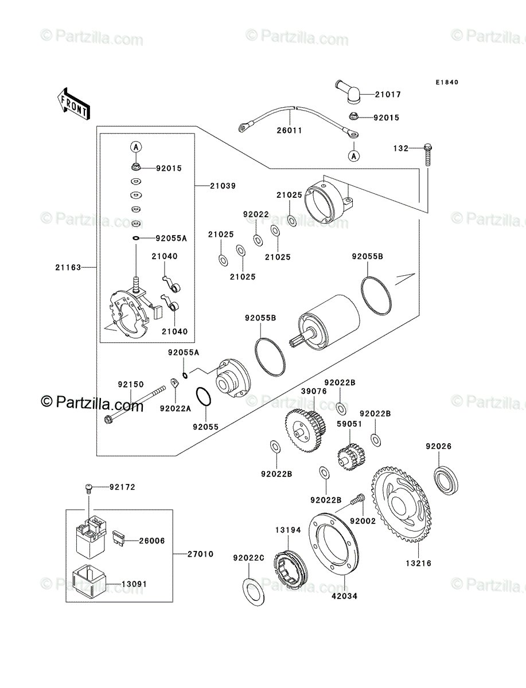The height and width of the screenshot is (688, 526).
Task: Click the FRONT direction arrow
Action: [x=73, y=104]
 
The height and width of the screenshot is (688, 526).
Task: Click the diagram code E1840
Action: [x=447, y=83]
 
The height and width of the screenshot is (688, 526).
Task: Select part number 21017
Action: [x=388, y=95]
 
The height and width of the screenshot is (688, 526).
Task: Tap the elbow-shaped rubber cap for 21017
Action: [x=349, y=91]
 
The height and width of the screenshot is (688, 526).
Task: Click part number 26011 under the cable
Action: [x=289, y=130]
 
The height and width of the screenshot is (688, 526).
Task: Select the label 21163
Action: [x=68, y=267]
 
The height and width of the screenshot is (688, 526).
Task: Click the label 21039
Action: [x=223, y=186]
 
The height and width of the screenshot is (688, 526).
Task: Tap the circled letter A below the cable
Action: [x=354, y=156]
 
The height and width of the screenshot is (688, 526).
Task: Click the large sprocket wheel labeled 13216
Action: [x=402, y=505]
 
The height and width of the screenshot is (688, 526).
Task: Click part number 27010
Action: [x=200, y=554]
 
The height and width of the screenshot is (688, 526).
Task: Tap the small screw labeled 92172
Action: [x=89, y=489]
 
